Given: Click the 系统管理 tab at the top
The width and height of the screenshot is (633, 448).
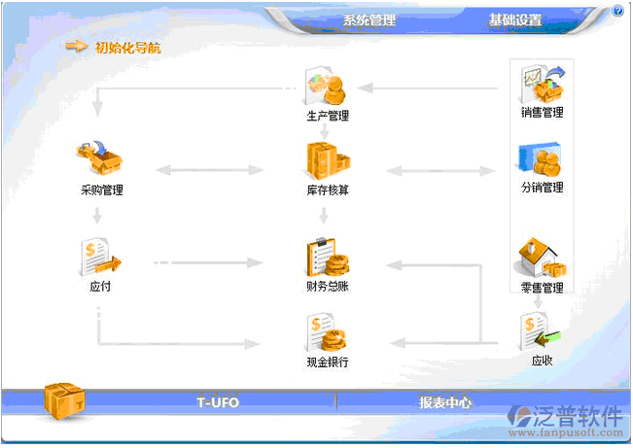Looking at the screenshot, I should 369,20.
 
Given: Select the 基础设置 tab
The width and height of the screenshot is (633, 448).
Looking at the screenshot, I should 515,20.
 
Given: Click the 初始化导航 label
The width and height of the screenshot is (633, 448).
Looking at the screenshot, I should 128,47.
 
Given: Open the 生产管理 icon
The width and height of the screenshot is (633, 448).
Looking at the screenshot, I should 328,87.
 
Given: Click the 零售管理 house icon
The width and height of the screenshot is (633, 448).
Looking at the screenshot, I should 541,258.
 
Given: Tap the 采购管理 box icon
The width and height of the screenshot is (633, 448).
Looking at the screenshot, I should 101,158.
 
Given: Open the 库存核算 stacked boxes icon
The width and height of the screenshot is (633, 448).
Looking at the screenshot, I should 327,159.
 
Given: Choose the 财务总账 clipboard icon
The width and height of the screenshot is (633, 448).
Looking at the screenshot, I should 328,258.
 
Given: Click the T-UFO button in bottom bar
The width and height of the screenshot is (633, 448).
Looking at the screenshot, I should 218,401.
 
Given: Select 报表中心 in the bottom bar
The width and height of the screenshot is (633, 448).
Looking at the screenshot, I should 445,401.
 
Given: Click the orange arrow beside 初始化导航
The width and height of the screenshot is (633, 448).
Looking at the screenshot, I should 77,46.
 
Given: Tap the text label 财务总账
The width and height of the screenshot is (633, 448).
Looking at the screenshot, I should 328,288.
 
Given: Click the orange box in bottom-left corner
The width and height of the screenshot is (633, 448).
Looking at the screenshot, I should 66,401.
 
